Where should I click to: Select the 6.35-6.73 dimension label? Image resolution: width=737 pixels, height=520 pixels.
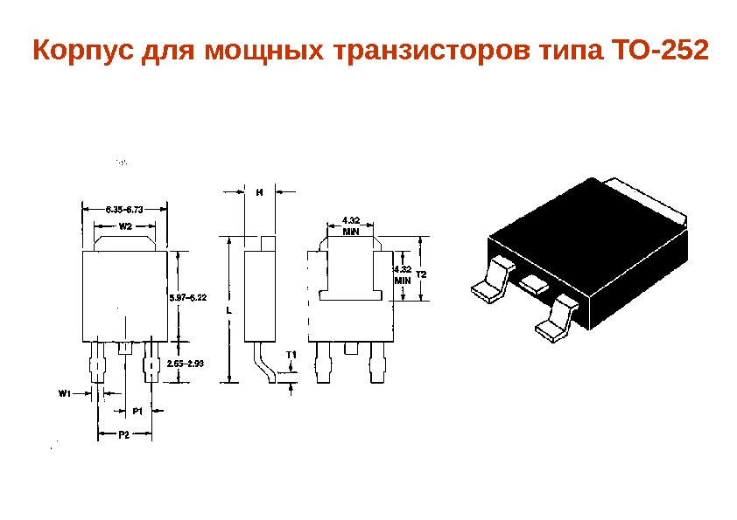pyautogui.click(x=124, y=210)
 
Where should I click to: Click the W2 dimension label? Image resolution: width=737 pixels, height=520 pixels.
pyautogui.click(x=124, y=225)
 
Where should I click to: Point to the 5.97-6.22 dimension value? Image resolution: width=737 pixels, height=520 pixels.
pyautogui.click(x=187, y=298)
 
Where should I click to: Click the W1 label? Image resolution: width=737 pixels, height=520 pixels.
pyautogui.click(x=65, y=393)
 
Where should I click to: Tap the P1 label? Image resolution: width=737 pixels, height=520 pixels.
pyautogui.click(x=137, y=410)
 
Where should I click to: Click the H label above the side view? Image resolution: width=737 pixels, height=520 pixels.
pyautogui.click(x=259, y=191)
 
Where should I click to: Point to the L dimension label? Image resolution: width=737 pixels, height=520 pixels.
pyautogui.click(x=227, y=310)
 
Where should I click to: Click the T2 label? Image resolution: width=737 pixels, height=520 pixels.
pyautogui.click(x=421, y=274)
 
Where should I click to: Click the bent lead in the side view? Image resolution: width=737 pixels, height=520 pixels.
pyautogui.click(x=264, y=364)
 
